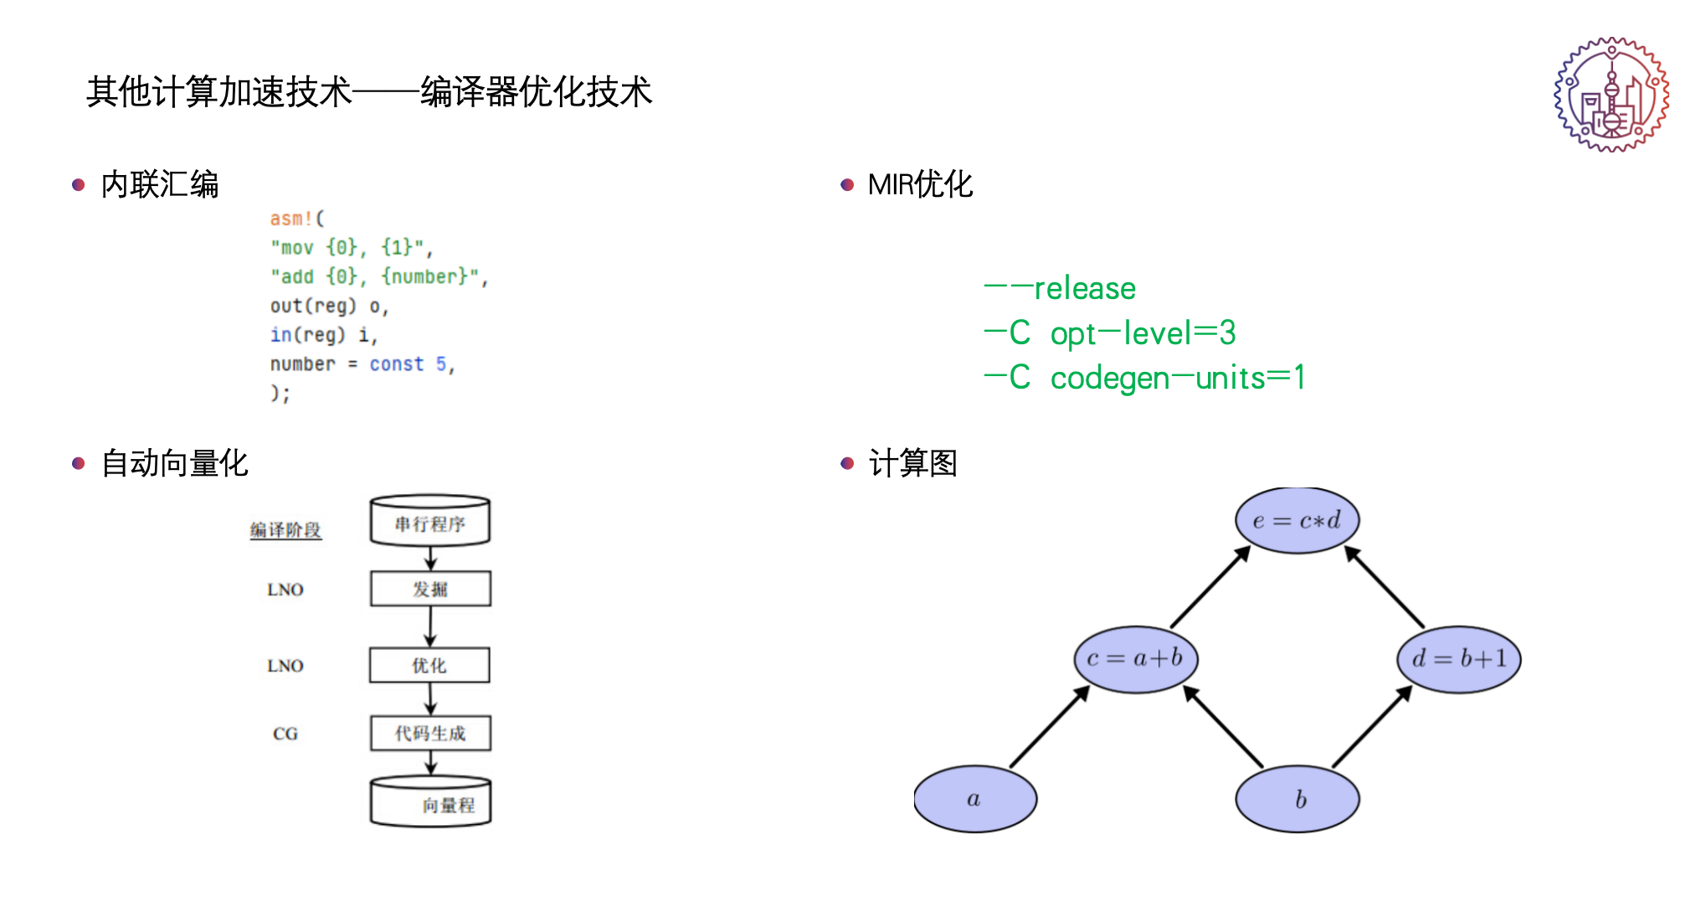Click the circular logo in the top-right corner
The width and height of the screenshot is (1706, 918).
click(x=1611, y=94)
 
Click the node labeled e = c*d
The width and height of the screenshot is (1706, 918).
click(x=1297, y=520)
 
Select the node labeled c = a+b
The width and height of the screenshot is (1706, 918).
click(x=1136, y=659)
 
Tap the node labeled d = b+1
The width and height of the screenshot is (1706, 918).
click(x=1458, y=659)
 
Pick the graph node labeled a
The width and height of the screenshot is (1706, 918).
click(x=975, y=799)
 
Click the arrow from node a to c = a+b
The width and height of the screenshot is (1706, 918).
click(x=1050, y=726)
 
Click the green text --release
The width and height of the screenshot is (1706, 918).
click(x=1060, y=289)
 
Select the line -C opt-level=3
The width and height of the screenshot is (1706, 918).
click(x=1109, y=333)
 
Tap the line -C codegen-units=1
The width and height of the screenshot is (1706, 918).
click(x=1144, y=378)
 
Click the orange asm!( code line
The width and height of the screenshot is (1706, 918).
click(x=296, y=219)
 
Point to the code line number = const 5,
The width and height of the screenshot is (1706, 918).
click(x=362, y=364)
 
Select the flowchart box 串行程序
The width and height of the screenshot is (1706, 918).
click(x=430, y=523)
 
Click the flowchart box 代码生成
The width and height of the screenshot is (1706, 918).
click(x=430, y=734)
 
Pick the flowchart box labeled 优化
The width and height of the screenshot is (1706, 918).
click(x=429, y=666)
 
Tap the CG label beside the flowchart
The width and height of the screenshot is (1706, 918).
click(x=285, y=734)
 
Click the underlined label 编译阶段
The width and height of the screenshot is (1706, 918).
click(x=285, y=530)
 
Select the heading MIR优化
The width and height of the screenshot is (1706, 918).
click(x=920, y=184)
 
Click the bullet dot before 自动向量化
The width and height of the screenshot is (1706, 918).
click(x=79, y=463)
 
